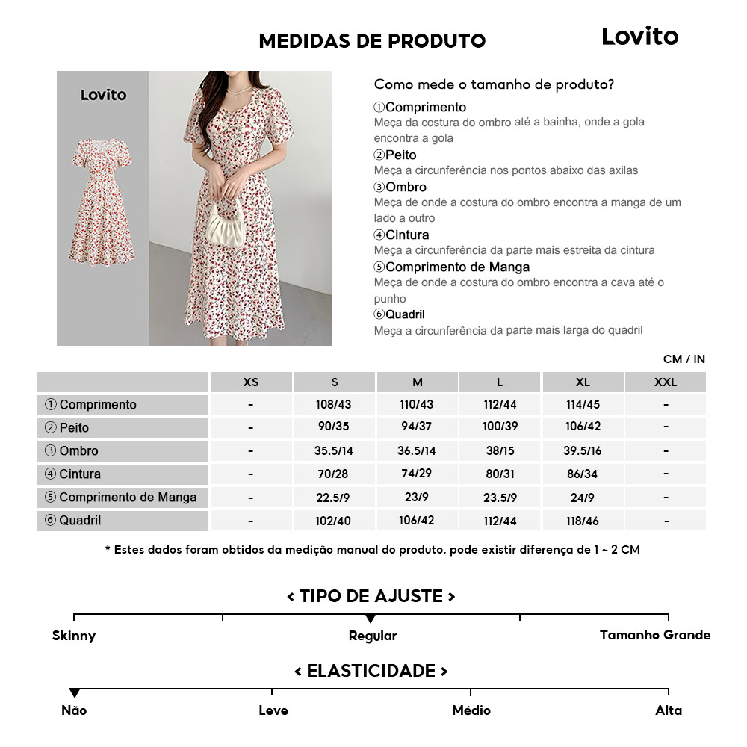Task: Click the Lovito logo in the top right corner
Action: (x=639, y=37)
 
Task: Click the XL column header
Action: (x=583, y=382)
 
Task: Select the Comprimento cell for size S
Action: (x=334, y=405)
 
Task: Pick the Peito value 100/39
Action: (x=500, y=428)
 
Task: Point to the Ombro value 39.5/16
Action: (x=583, y=451)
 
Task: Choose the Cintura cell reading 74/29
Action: (x=417, y=474)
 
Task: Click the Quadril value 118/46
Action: (x=583, y=521)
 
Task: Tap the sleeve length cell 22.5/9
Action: (x=334, y=498)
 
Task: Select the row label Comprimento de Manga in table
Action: (x=122, y=498)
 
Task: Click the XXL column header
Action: (x=665, y=382)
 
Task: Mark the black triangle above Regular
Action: (x=371, y=619)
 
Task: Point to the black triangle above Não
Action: (x=74, y=693)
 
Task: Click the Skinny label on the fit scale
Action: (x=74, y=636)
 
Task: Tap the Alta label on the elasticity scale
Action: (x=669, y=710)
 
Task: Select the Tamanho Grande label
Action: (x=654, y=635)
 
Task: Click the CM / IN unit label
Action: (x=684, y=359)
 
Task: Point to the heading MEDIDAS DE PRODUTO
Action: (x=372, y=40)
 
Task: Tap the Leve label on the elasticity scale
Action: (x=273, y=710)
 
